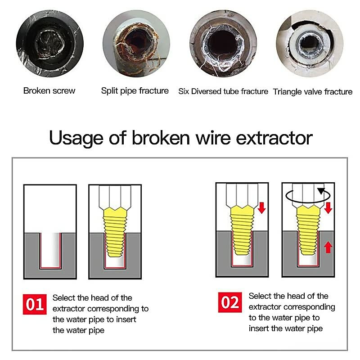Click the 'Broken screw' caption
coord(49,91)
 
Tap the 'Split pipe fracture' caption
coord(135,91)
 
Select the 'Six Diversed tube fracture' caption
coord(223,91)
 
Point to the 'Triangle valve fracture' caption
coord(312,92)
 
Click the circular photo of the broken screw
coord(50,44)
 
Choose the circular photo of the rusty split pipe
coord(136,44)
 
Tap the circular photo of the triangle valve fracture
coord(310,44)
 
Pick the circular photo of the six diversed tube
coord(223,44)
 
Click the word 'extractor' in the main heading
coord(274,138)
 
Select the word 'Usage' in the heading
coord(76,138)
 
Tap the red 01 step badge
coord(35,304)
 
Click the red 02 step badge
coord(230,302)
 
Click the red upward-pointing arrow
coord(328,247)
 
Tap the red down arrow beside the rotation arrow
coord(328,208)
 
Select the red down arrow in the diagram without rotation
coord(262,208)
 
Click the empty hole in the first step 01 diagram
coord(50,250)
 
